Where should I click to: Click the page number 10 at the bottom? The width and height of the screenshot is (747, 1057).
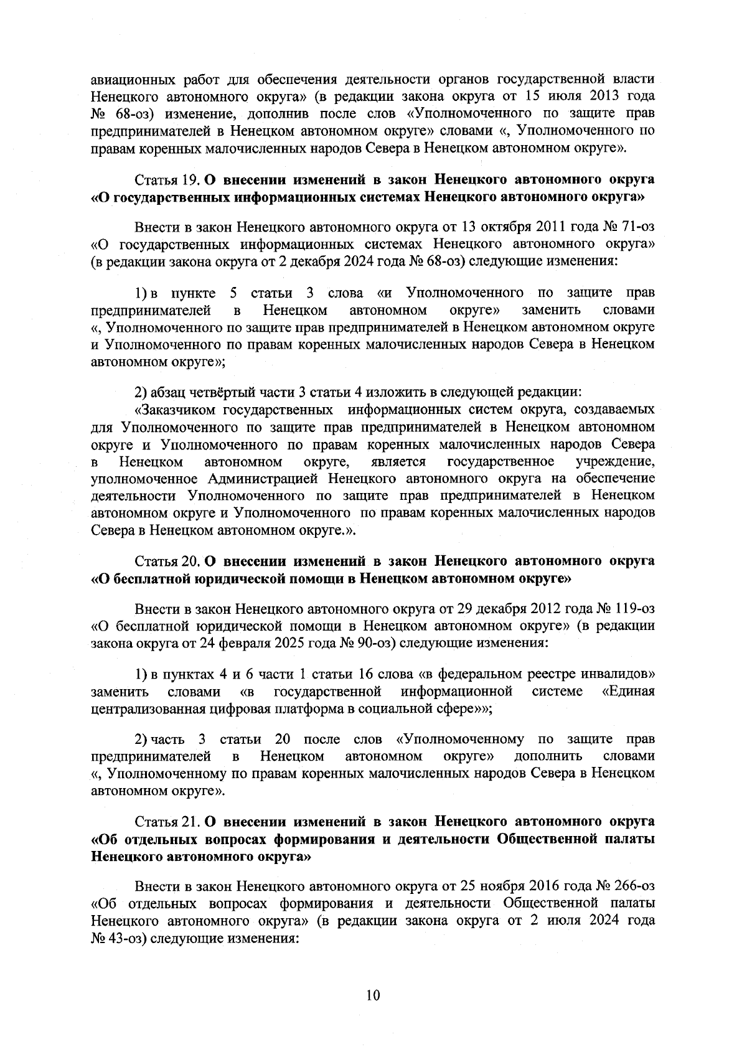373,995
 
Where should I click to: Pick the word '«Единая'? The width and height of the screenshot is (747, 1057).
629,692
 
